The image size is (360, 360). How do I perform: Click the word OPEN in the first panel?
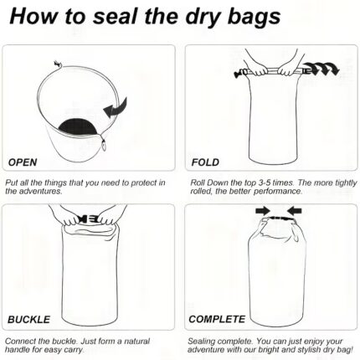coord(23,162)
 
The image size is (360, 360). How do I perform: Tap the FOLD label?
coord(205,162)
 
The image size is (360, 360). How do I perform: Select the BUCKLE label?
coord(28,319)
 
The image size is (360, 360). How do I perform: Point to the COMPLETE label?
coord(217,319)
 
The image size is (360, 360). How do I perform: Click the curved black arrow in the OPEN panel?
coord(116,108)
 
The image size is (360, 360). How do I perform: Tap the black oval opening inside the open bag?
coord(78,126)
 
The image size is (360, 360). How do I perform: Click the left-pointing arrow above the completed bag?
coord(294,210)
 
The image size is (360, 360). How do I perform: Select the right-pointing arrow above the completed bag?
coord(263,210)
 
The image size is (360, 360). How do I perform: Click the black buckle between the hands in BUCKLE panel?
coord(89,219)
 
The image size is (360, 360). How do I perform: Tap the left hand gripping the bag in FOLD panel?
coord(258,70)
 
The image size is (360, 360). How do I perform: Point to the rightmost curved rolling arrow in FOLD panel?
coord(333,69)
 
